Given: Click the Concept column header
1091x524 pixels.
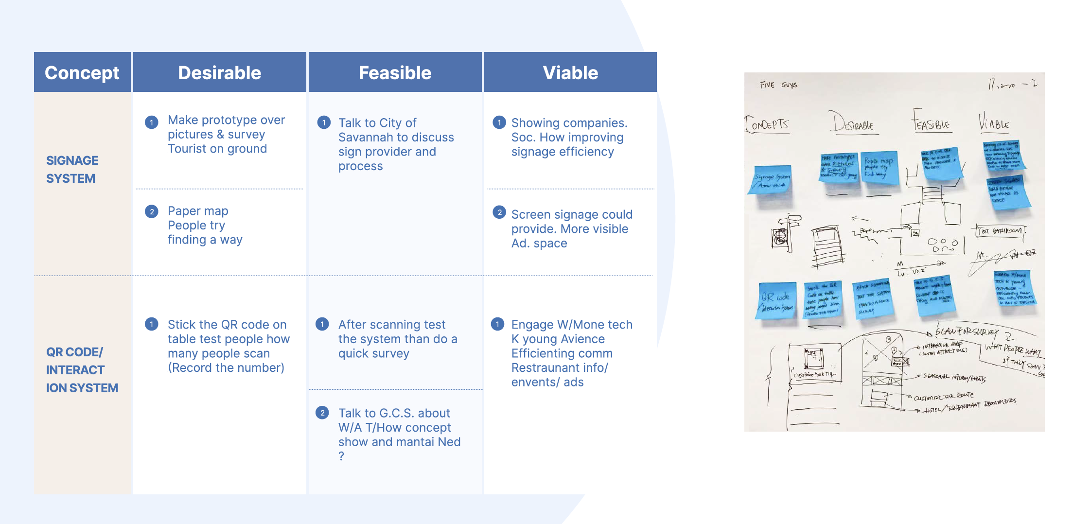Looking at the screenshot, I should [x=82, y=73].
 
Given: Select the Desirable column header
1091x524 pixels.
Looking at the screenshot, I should [x=219, y=73].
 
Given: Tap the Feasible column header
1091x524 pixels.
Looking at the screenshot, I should [x=395, y=73].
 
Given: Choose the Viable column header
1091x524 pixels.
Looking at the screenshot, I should [x=570, y=73].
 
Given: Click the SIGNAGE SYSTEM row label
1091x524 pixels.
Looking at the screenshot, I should [x=72, y=169].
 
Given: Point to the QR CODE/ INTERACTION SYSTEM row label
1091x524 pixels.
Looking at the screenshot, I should [x=82, y=370].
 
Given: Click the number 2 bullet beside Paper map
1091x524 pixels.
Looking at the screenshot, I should [x=152, y=211].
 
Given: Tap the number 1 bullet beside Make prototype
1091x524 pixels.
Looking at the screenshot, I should [x=152, y=122].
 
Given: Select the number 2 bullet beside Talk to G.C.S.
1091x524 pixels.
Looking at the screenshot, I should [x=322, y=413].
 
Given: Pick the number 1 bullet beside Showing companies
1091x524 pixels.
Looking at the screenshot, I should [x=499, y=122].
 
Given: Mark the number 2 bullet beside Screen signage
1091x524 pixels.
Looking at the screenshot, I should [x=499, y=212].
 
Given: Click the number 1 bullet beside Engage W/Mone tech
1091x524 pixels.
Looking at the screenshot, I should [x=497, y=324].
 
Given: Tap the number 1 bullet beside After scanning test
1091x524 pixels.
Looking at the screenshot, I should [x=322, y=324].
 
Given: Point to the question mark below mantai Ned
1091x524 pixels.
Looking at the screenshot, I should [x=341, y=456].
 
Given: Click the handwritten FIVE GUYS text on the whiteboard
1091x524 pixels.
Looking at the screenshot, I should [x=778, y=85].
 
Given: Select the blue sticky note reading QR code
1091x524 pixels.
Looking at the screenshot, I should [x=776, y=300].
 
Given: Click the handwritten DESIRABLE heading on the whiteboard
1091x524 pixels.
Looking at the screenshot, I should [x=852, y=123].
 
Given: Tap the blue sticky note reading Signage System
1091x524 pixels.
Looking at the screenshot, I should [x=771, y=180].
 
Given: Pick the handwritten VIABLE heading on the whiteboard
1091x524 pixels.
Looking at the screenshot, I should [x=994, y=123].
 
